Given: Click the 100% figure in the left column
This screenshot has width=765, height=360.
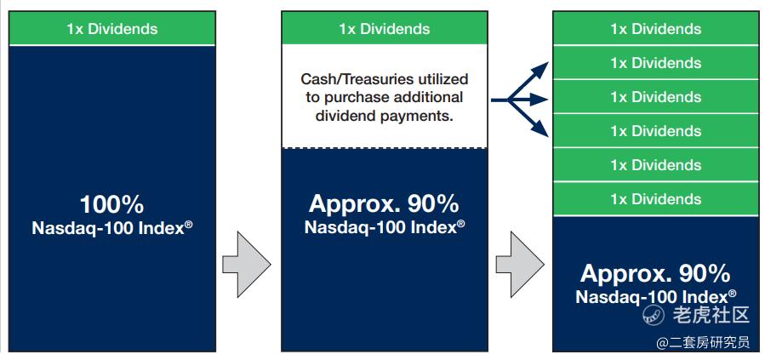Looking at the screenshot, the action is (111, 204).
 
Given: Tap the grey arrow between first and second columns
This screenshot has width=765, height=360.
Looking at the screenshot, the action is (247, 264).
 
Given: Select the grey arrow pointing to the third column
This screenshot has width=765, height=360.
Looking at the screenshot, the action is (520, 264).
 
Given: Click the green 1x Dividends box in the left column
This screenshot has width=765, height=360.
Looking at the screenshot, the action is (111, 28).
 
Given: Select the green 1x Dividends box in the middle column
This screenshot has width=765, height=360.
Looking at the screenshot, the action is (385, 28).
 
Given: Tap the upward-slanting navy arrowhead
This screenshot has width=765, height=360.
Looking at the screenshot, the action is (540, 69).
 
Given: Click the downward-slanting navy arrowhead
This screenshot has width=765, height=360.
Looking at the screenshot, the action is (540, 129).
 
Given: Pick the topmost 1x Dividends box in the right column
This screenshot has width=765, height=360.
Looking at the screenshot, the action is (655, 28).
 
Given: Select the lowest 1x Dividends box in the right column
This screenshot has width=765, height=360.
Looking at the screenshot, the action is (655, 199).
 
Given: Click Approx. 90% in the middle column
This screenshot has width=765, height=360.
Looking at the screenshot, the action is (385, 204).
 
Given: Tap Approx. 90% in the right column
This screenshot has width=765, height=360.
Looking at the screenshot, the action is (655, 274).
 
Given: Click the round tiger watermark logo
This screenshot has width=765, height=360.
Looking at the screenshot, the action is (654, 315).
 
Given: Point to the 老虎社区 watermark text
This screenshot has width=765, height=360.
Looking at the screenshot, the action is (711, 315).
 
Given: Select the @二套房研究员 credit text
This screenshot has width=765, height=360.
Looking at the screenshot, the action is (703, 343).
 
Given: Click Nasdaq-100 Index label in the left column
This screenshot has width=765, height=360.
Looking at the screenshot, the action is (111, 228).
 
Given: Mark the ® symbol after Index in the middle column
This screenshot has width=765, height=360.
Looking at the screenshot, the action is (460, 224).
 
